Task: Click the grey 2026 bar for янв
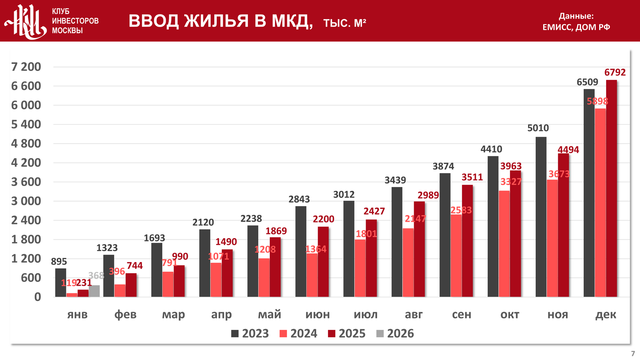pos(94,291)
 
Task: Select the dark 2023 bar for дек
pos(589,193)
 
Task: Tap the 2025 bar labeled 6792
pos(611,188)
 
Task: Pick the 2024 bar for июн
pos(312,275)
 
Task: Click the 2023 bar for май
pos(253,261)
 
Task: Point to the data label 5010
pos(538,128)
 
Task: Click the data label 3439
pos(395,180)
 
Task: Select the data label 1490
pos(226,242)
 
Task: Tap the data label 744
pos(134,266)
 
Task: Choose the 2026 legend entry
pos(395,334)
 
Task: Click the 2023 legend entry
pos(250,334)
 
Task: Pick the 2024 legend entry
pos(298,334)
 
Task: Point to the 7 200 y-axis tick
pos(26,67)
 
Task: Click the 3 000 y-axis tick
pos(26,201)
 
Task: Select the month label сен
pos(461,315)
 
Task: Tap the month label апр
pos(221,315)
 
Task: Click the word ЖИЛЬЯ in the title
pos(216,21)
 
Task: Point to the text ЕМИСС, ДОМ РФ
pos(576,27)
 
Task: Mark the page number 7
pos(633,354)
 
